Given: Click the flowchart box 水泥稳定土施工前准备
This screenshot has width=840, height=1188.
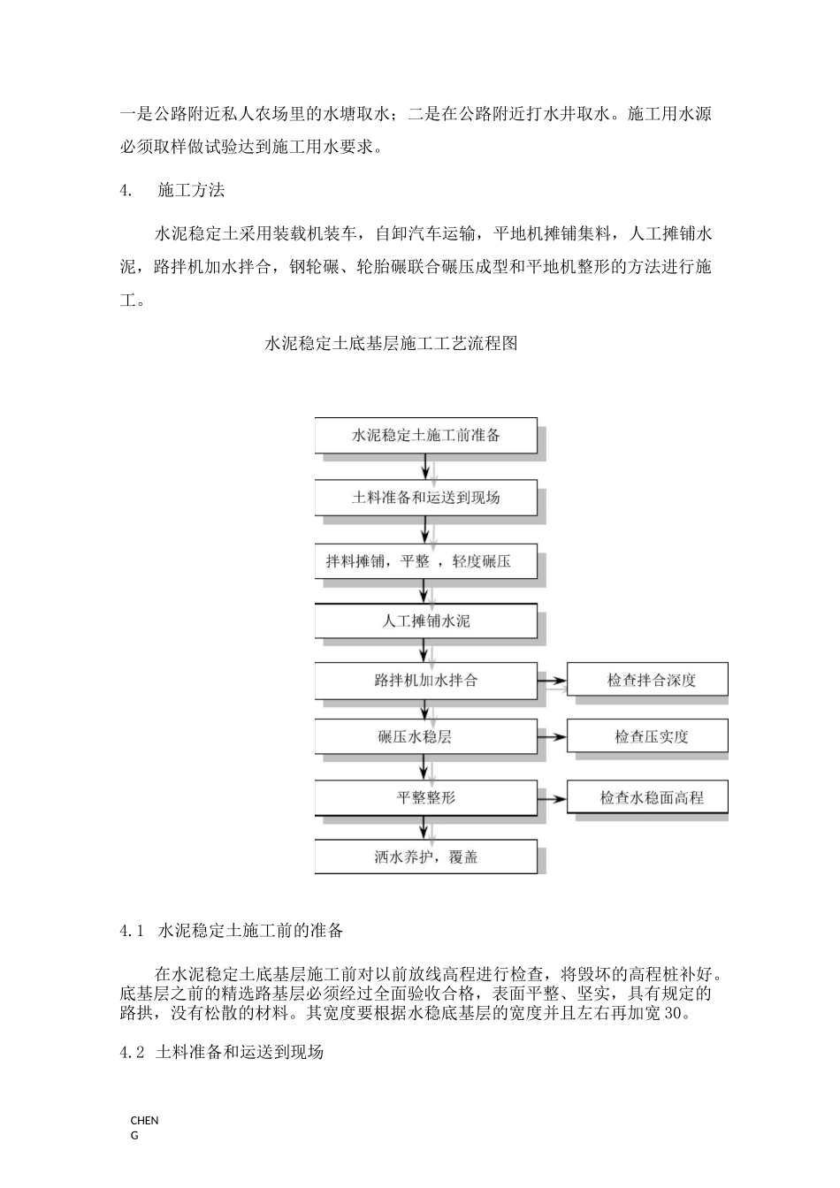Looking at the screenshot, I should pyautogui.click(x=425, y=436).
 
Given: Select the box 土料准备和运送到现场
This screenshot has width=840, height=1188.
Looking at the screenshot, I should pyautogui.click(x=425, y=498).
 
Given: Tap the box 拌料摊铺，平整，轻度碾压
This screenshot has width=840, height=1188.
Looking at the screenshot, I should pyautogui.click(x=425, y=561).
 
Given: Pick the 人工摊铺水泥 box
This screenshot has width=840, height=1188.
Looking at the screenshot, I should pyautogui.click(x=425, y=621).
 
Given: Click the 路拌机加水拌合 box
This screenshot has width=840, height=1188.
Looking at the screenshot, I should pyautogui.click(x=425, y=681).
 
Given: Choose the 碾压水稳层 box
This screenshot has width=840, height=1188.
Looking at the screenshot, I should pyautogui.click(x=425, y=736).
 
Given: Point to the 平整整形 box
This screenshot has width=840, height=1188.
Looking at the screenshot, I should pyautogui.click(x=425, y=797).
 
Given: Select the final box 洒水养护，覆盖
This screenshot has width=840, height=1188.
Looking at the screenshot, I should pyautogui.click(x=425, y=857).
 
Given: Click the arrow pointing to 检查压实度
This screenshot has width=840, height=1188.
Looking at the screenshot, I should pyautogui.click(x=552, y=736).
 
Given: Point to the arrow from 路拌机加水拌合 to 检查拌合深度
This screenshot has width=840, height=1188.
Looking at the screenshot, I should pyautogui.click(x=552, y=681).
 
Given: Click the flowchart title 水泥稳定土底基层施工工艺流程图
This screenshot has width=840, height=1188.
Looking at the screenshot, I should pyautogui.click(x=391, y=344).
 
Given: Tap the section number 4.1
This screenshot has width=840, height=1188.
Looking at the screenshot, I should pyautogui.click(x=131, y=931).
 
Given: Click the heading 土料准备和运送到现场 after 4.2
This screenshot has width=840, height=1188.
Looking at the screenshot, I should pyautogui.click(x=240, y=1052).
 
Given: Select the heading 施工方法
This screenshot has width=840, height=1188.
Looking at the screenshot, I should pyautogui.click(x=191, y=190).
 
